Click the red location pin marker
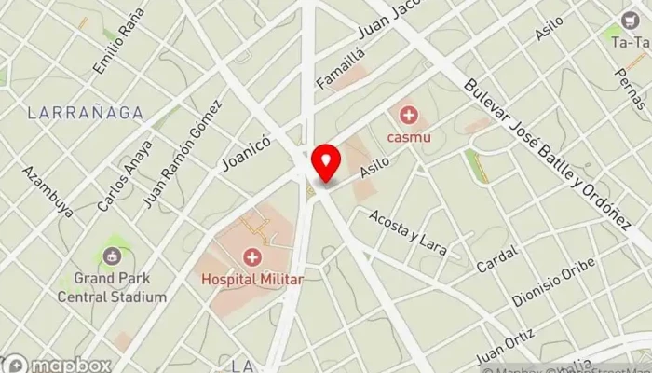[x=326, y=163]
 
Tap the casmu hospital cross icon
[x=408, y=116]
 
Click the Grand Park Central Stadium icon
[x=111, y=256]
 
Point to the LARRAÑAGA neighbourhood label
[x=86, y=113]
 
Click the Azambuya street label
[x=48, y=191]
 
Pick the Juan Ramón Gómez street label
[x=183, y=153]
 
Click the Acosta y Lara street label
[x=408, y=232]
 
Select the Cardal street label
[x=496, y=260]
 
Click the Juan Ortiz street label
[x=504, y=347]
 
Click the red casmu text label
[x=408, y=138]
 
